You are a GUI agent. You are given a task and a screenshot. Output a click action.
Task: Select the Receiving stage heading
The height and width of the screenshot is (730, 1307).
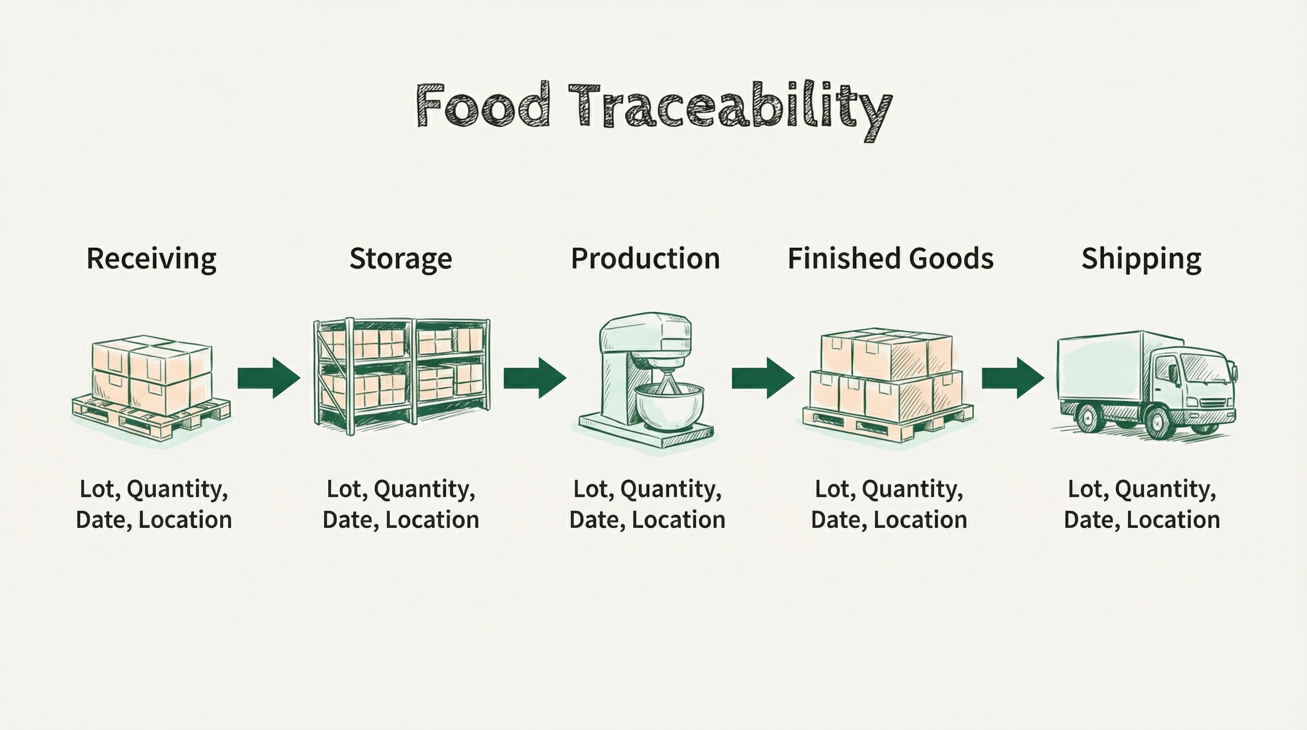tap(151, 259)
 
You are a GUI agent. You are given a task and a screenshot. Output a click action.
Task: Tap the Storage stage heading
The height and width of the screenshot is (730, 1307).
tap(400, 259)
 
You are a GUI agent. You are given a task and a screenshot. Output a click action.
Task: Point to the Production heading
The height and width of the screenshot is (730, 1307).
tap(645, 259)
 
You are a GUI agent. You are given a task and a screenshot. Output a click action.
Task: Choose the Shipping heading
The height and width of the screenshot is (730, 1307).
tap(1141, 259)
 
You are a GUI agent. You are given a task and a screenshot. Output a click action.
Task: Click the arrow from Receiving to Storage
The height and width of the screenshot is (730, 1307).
tap(269, 378)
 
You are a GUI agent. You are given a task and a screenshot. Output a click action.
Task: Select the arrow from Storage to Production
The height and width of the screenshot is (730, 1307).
tap(535, 378)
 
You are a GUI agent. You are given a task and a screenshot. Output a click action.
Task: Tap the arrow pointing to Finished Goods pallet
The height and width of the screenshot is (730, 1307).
tap(763, 378)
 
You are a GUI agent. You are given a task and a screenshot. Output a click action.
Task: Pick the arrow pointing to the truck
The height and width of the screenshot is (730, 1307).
tap(1013, 378)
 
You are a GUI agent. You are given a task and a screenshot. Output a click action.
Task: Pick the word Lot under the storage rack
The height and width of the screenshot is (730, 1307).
tap(344, 490)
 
